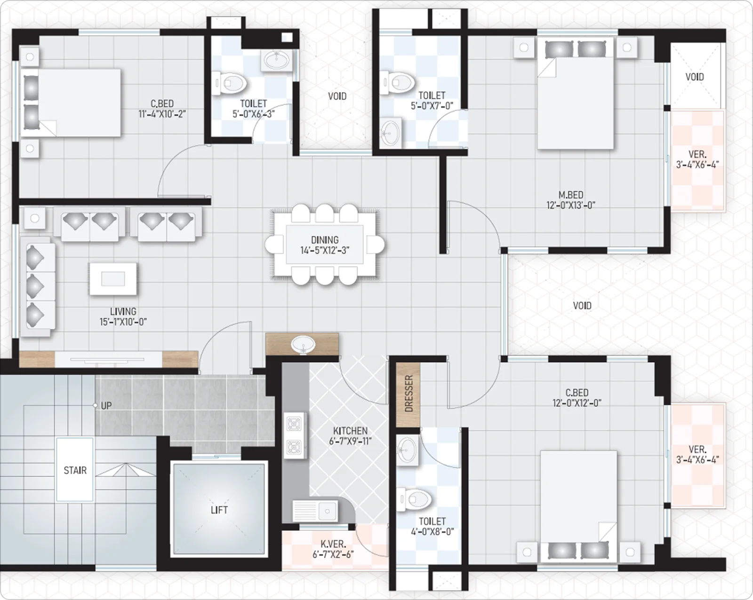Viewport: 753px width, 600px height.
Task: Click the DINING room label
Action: coord(325,240)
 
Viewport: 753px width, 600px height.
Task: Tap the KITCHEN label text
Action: coord(350,431)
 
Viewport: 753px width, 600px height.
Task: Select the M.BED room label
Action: coord(571,195)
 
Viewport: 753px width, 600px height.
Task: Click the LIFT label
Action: coord(219,510)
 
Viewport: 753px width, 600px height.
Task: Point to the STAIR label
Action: coord(75,470)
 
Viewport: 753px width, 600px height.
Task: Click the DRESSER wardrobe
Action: coord(408,395)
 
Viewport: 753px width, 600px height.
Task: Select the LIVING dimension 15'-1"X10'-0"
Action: coord(123,322)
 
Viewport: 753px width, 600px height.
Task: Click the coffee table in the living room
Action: coord(113,279)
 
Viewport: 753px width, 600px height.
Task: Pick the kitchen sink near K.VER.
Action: coord(315,511)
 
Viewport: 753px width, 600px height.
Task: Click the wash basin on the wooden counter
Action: coord(303,344)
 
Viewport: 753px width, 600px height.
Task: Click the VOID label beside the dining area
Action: coord(582,306)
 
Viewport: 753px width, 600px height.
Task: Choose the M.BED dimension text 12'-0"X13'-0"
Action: coord(571,205)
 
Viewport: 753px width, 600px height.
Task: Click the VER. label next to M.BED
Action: coord(697,154)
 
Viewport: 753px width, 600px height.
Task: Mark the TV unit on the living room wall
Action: coord(108,359)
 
